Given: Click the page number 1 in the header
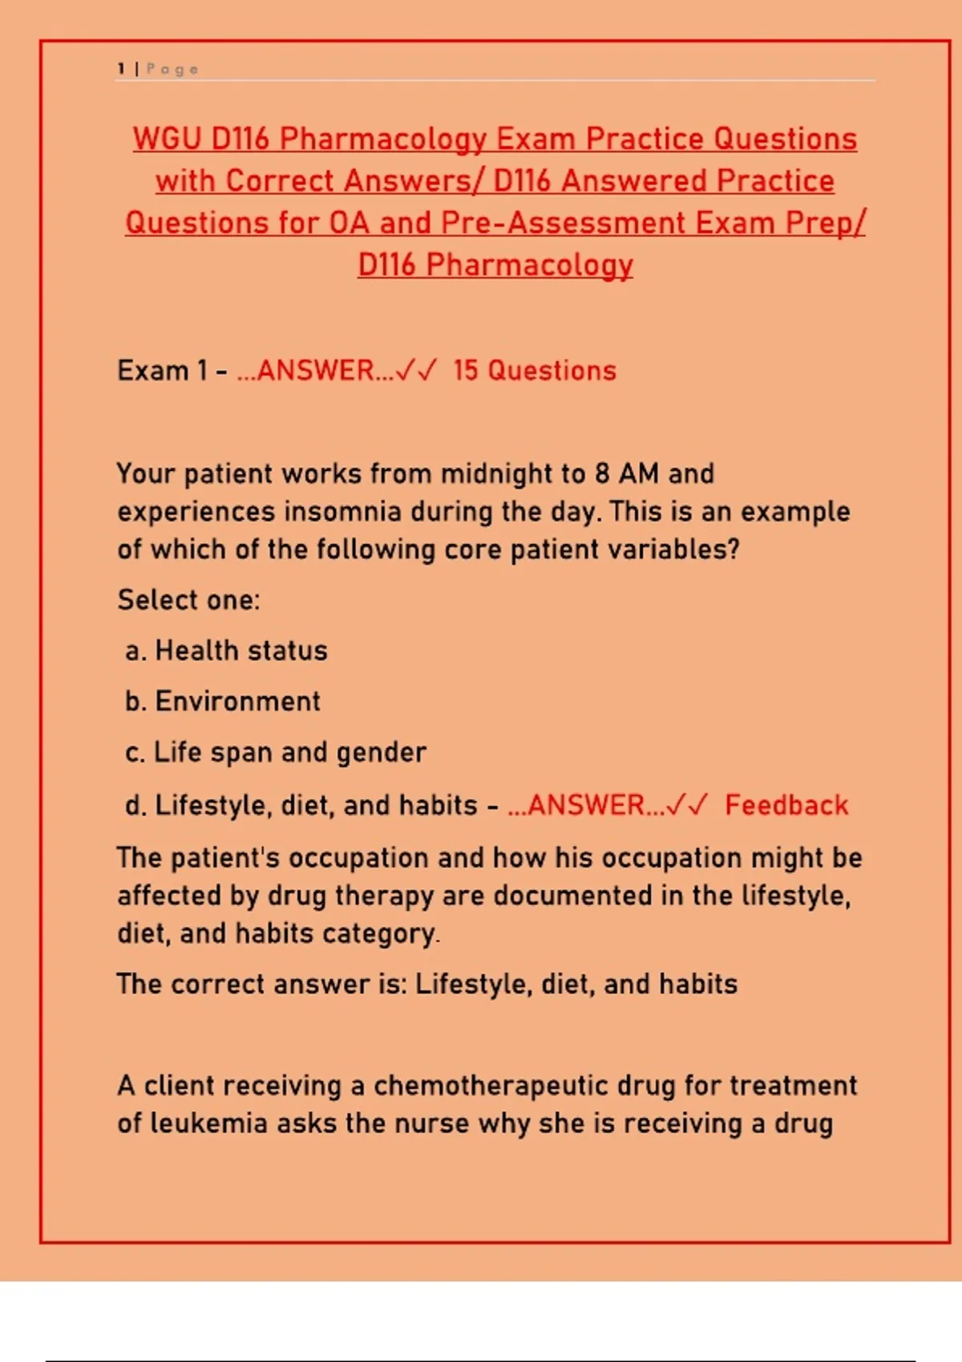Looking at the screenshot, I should pos(121,69).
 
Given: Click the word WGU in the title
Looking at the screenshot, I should pos(166,139).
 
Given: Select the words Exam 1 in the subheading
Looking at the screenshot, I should pos(162,370).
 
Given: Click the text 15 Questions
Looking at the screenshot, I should pos(535,370).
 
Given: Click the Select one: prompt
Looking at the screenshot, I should pos(188,599).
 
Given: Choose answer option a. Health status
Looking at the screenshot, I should pos(226,651).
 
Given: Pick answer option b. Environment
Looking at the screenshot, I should pos(223,702).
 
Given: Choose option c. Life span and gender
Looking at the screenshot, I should pos(276,752).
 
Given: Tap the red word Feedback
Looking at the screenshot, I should pos(786,804).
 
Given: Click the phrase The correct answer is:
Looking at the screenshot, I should pos(261,984).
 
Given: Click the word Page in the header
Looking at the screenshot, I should pos(172,69).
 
